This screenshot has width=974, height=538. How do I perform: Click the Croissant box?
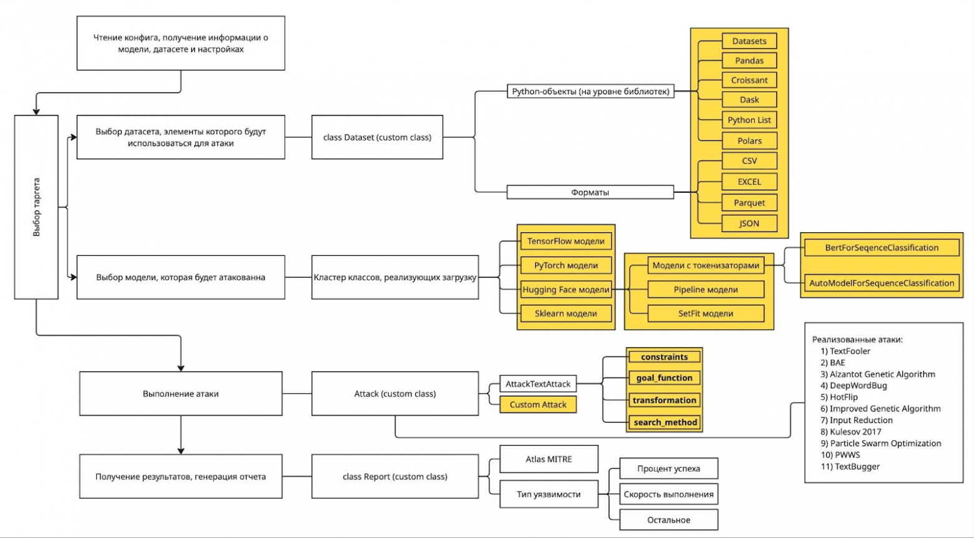click(x=749, y=80)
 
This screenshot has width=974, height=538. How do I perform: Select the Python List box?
click(x=749, y=120)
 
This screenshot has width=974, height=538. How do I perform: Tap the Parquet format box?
click(x=749, y=202)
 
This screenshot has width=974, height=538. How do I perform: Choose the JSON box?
click(x=749, y=223)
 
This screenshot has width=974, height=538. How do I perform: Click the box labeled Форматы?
click(x=590, y=192)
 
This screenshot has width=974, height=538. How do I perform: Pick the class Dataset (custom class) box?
click(x=377, y=137)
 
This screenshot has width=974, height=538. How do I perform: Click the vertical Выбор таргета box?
click(x=36, y=207)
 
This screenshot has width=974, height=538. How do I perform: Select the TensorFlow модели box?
click(x=566, y=241)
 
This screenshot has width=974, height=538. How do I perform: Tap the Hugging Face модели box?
click(x=566, y=290)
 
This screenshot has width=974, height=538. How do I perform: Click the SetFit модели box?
click(x=706, y=313)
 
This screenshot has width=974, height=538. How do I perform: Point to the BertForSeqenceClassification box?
click(x=882, y=248)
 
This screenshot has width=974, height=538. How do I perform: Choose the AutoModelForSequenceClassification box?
click(x=882, y=283)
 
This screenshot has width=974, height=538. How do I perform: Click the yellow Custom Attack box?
click(x=538, y=404)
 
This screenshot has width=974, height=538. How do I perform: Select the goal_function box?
click(x=664, y=378)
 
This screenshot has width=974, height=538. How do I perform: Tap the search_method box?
click(x=665, y=423)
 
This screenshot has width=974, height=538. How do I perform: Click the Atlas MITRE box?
click(x=549, y=459)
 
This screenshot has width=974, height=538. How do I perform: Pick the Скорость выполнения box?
click(x=668, y=494)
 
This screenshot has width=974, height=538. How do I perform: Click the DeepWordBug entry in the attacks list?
click(x=858, y=386)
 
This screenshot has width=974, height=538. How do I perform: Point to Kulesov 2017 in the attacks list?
click(x=855, y=431)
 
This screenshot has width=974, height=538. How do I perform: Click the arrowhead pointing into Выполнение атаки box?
click(x=181, y=367)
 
